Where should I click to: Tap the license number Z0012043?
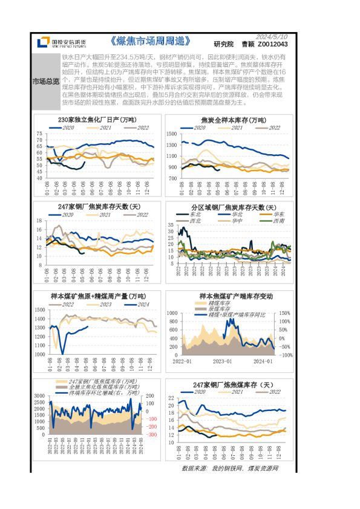tap(273, 44)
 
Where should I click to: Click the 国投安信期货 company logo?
tap(61, 42)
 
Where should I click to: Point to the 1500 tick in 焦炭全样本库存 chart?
tap(172, 132)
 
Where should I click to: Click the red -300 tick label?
tap(151, 435)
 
